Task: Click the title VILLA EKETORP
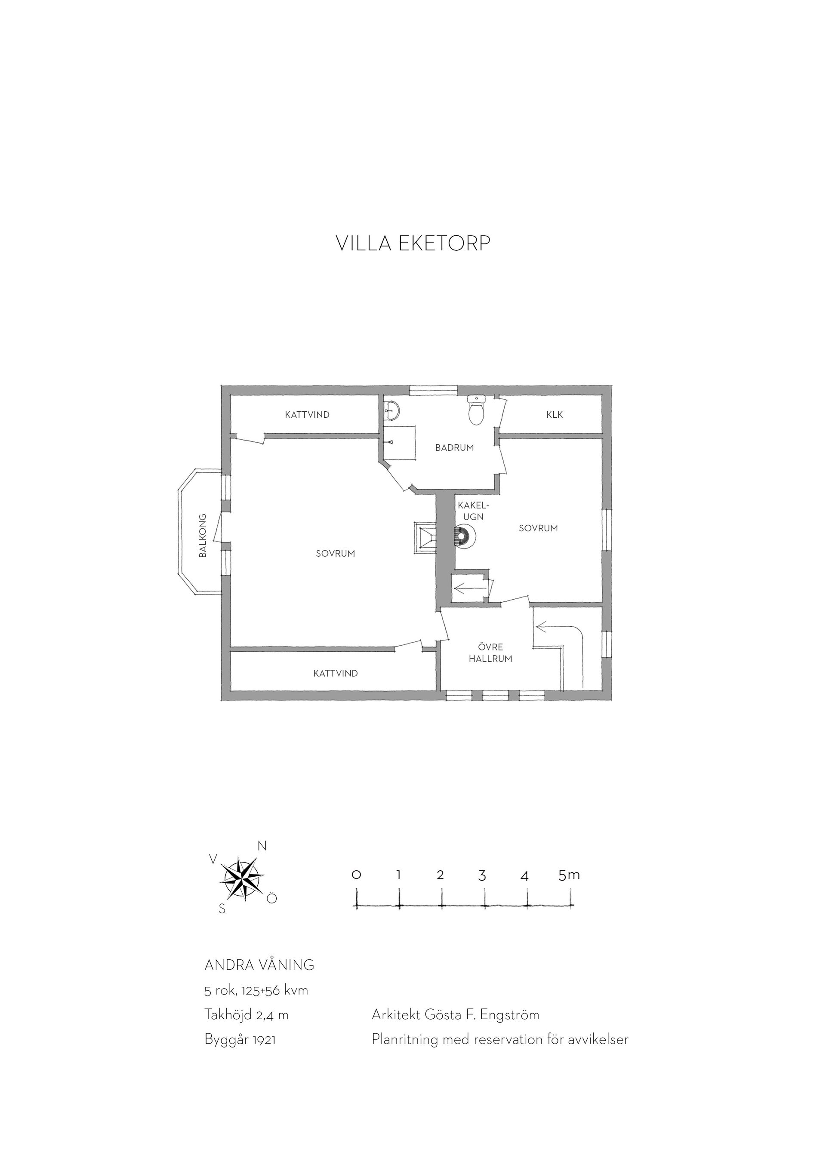click(413, 243)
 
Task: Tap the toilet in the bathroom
click(476, 410)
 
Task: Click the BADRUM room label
click(454, 448)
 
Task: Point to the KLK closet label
click(555, 415)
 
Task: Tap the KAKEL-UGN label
click(473, 511)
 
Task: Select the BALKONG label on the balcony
click(203, 536)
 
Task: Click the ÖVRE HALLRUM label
click(491, 653)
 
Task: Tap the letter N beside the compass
click(262, 846)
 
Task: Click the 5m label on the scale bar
click(569, 875)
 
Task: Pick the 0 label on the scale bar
click(356, 875)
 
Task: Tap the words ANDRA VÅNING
click(259, 965)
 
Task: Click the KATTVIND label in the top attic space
click(307, 415)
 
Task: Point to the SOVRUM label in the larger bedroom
click(335, 554)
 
